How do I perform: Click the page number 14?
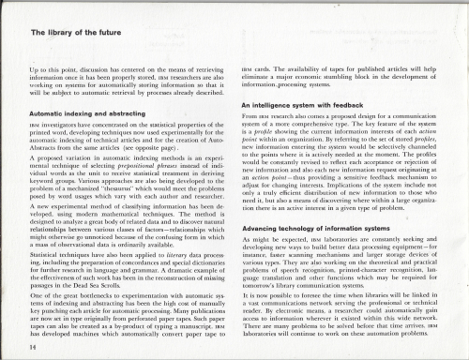click(20, 345)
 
